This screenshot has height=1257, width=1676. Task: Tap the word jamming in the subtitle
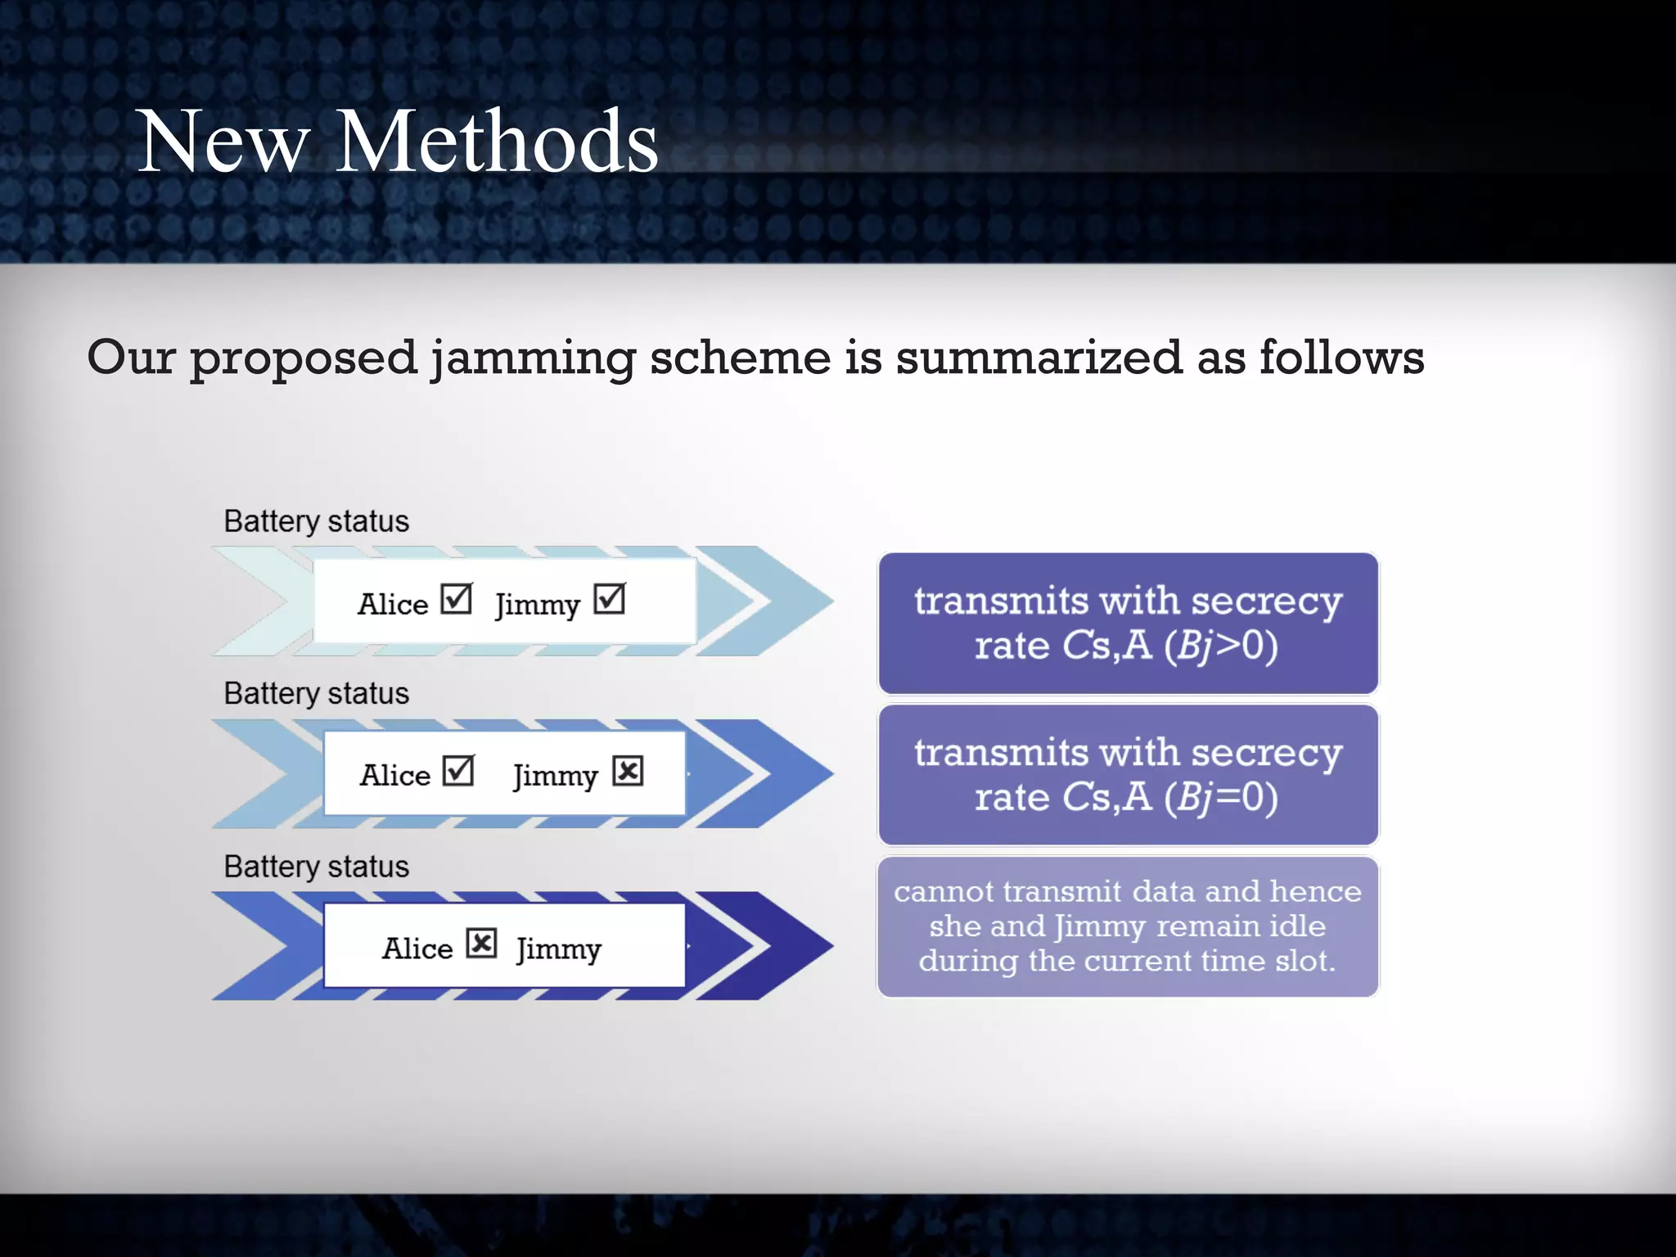(533, 358)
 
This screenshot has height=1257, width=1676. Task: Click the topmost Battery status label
(316, 521)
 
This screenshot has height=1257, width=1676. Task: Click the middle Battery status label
(316, 693)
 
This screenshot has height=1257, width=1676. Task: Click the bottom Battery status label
(316, 867)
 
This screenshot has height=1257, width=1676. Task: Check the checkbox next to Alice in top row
(457, 599)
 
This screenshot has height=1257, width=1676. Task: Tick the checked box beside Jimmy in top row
(610, 599)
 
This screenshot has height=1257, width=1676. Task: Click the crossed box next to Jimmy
(628, 771)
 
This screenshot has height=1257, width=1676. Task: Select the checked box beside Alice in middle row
(458, 771)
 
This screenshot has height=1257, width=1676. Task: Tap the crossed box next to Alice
(482, 944)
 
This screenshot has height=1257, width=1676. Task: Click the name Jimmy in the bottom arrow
(559, 949)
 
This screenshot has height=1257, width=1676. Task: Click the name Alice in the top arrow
(393, 604)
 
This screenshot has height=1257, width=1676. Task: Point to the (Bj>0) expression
(1221, 646)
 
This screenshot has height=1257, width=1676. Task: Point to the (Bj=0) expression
(1221, 797)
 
